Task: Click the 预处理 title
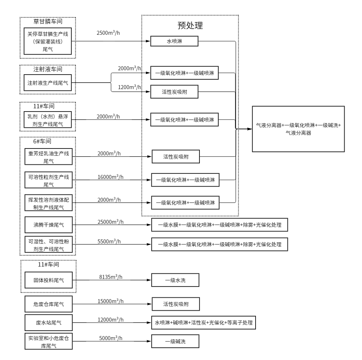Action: [x=190, y=25]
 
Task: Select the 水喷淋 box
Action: [x=174, y=42]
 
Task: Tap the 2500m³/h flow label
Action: [x=109, y=33]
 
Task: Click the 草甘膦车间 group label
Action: [x=48, y=21]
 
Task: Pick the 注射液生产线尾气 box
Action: [x=48, y=83]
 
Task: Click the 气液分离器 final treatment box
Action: [x=298, y=129]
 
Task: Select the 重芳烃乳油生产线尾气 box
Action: [x=48, y=156]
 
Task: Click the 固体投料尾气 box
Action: [x=48, y=280]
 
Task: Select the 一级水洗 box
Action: [x=175, y=280]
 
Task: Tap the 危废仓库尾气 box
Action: [x=48, y=304]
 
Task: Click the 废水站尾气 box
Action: [x=48, y=322]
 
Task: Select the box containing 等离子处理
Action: [x=203, y=322]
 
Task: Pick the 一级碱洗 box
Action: [x=175, y=341]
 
